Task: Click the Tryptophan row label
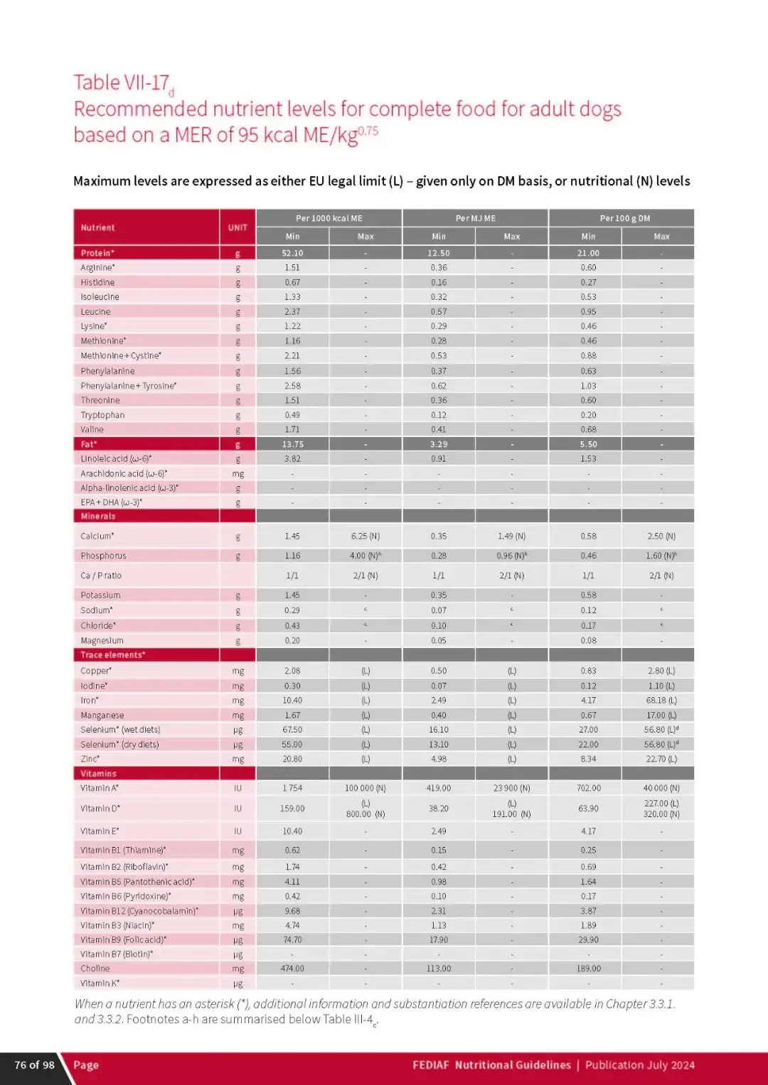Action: coord(102,415)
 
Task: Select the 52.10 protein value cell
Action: coord(292,253)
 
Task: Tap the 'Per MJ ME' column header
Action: coord(475,218)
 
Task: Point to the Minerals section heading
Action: coord(98,517)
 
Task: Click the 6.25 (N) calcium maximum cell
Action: coord(366,536)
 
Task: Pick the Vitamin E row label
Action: coord(100,831)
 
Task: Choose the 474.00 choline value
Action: coord(292,968)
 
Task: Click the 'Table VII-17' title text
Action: coord(122,83)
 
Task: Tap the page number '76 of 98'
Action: coord(34,1064)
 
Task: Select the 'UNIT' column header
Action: coord(238,227)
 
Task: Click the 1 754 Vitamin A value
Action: coord(292,788)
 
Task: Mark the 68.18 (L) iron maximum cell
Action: coord(661,701)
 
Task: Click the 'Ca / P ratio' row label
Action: coord(101,576)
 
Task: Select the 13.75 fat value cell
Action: coord(292,444)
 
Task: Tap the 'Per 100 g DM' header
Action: coord(624,218)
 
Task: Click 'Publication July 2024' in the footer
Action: coord(640,1064)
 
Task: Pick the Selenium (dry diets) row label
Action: coord(119,745)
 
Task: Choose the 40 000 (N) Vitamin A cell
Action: coord(661,788)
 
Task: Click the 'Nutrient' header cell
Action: coord(97,227)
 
